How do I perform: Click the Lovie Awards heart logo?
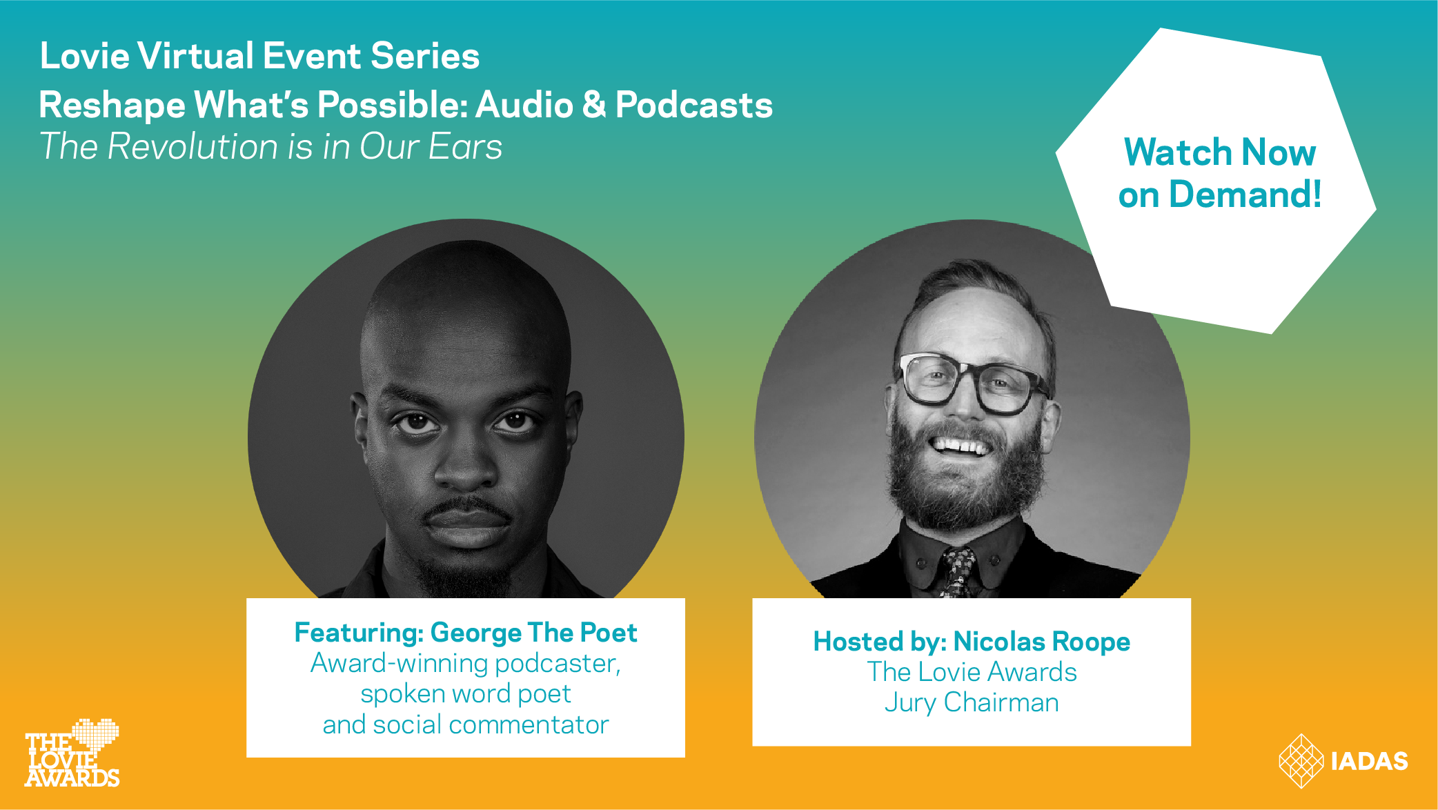72,753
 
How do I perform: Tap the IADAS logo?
1343,760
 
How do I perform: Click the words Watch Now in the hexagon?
1220,152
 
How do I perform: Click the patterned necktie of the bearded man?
957,572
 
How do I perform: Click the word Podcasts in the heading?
693,105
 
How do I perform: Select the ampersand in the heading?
593,105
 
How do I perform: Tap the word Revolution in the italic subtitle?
193,146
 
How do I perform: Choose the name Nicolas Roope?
1042,642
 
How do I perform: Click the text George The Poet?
534,633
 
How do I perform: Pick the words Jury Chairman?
972,702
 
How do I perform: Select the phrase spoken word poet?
466,694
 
